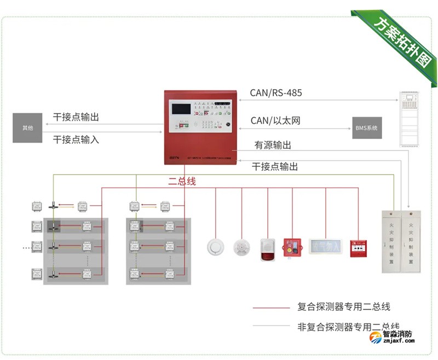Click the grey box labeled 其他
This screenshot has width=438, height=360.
coord(27,128)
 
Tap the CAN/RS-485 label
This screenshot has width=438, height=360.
coord(276,93)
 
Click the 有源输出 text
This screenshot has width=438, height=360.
coord(273,145)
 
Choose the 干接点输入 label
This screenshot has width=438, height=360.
coord(76,140)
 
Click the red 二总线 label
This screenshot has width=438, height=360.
coord(182,182)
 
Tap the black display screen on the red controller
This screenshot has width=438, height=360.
coord(185,108)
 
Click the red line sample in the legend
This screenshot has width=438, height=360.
coord(271,307)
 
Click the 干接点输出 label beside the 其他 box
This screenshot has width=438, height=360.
coord(76,118)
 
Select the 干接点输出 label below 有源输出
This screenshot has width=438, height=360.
coord(275,167)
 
